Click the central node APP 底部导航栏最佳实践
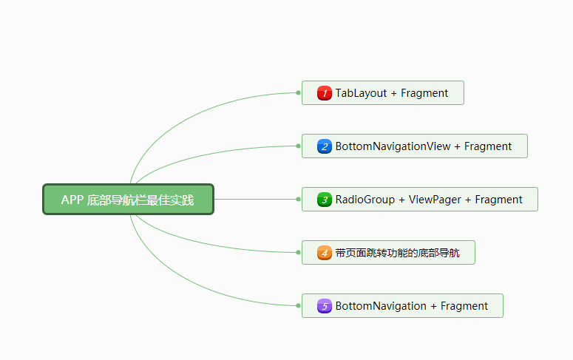pyautogui.click(x=128, y=200)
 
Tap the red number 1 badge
pyautogui.click(x=324, y=93)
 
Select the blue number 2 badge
pyautogui.click(x=324, y=146)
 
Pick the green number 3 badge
pyautogui.click(x=324, y=200)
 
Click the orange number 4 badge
pyautogui.click(x=324, y=253)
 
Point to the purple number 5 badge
pyautogui.click(x=324, y=306)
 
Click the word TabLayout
pyautogui.click(x=361, y=93)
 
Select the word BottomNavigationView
pyautogui.click(x=393, y=146)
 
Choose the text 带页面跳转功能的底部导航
pyautogui.click(x=397, y=253)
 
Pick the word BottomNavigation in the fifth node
pyautogui.click(x=381, y=306)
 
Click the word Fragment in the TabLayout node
pyautogui.click(x=424, y=93)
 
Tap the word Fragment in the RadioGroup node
pyautogui.click(x=498, y=200)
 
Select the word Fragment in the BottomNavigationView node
pyautogui.click(x=488, y=146)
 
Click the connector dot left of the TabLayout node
pyautogui.click(x=298, y=93)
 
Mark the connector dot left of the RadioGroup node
pyautogui.click(x=298, y=200)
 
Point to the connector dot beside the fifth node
pyautogui.click(x=298, y=306)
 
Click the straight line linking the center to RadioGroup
pyautogui.click(x=255, y=200)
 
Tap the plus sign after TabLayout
pyautogui.click(x=394, y=93)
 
